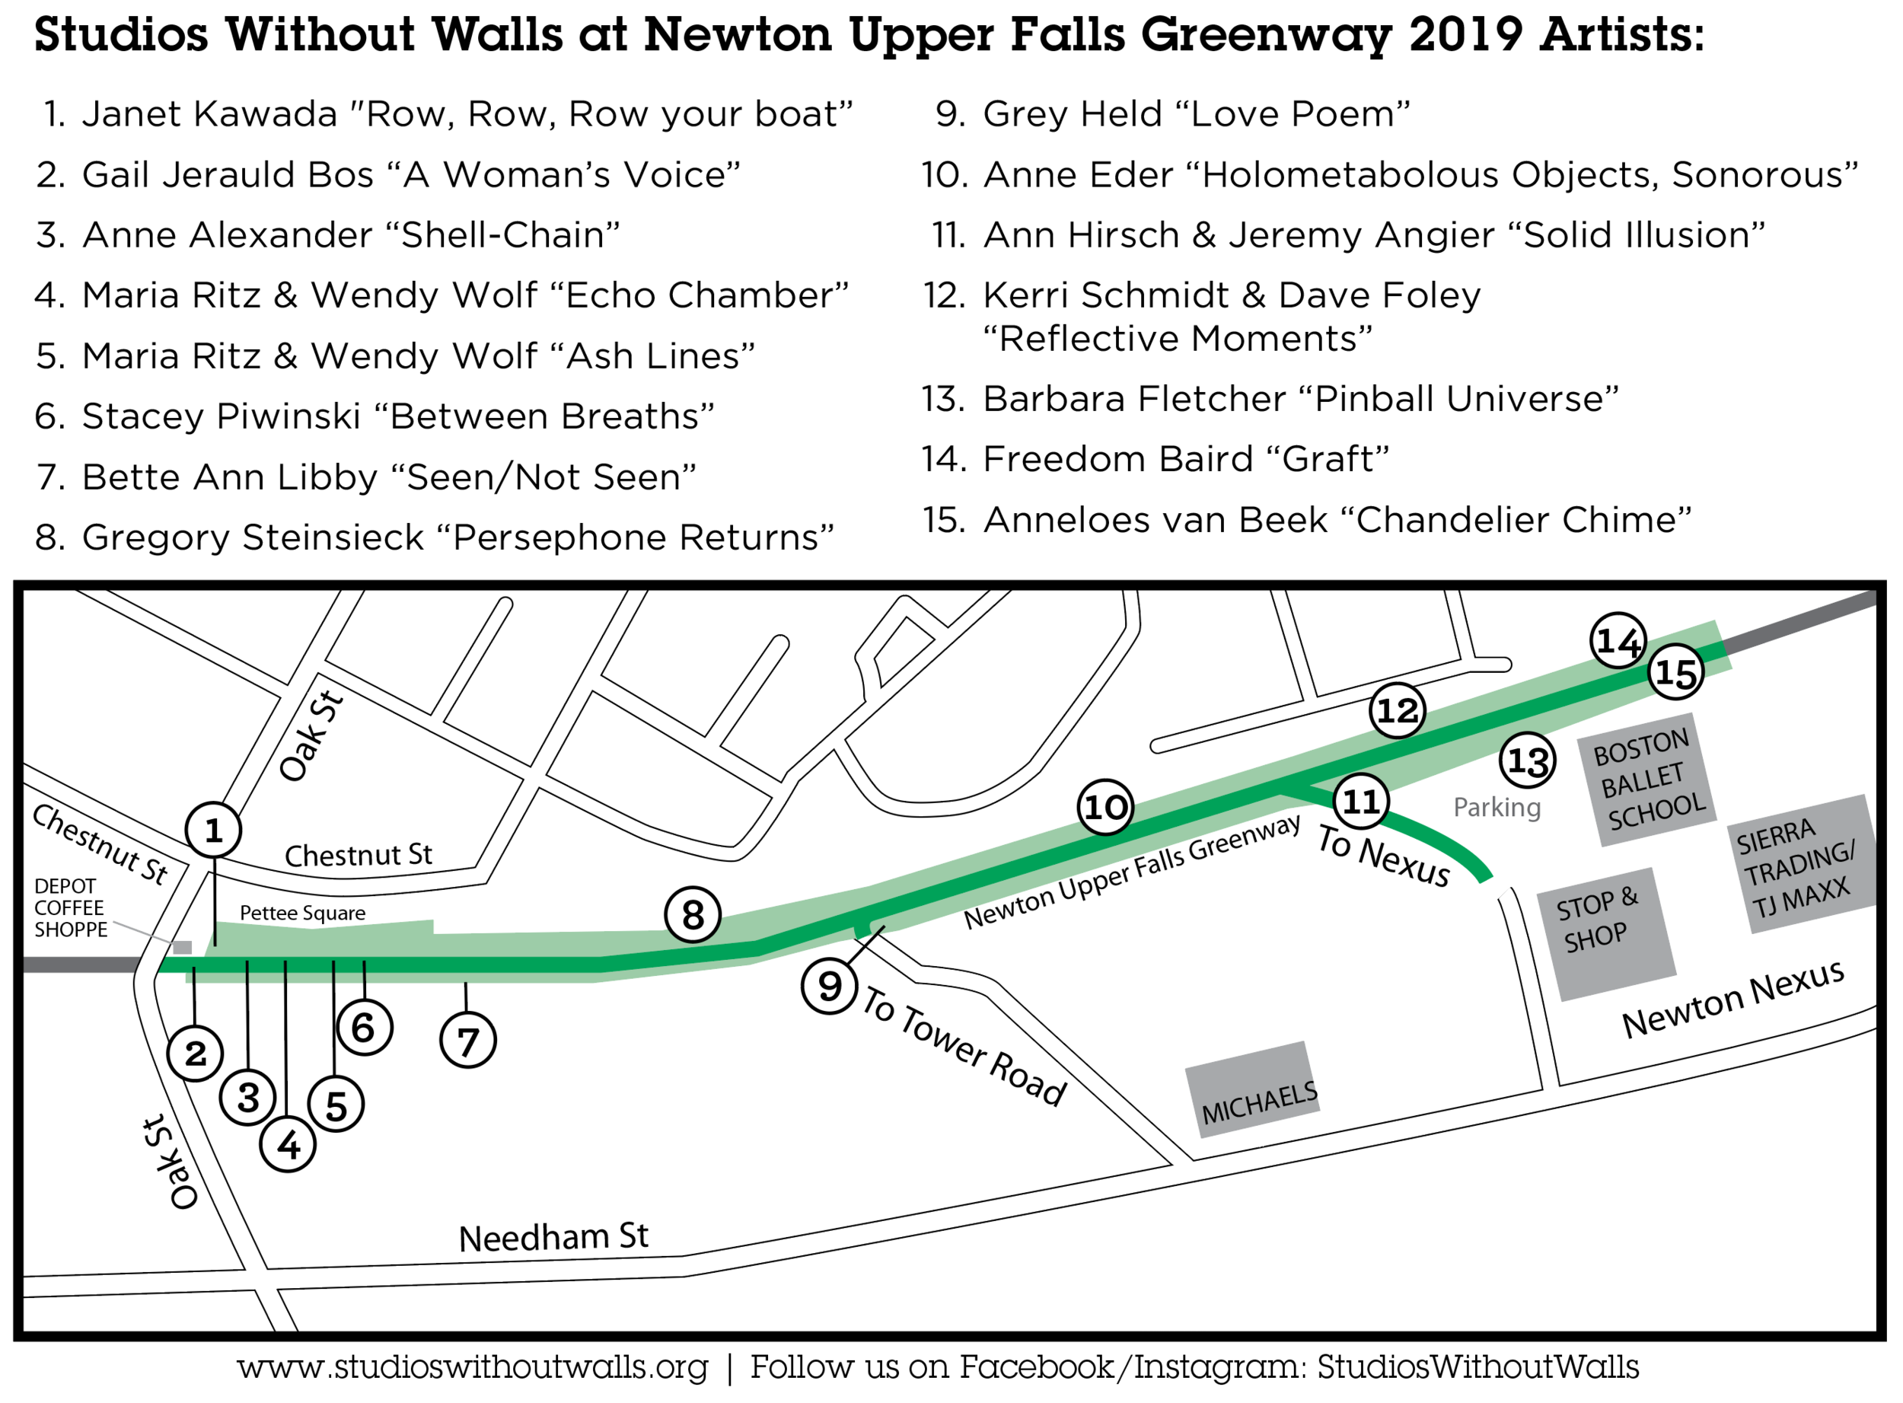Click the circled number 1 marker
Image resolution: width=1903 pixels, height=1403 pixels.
[213, 830]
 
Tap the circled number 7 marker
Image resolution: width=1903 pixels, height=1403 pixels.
[468, 1041]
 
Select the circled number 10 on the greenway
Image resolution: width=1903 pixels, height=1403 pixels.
[1105, 807]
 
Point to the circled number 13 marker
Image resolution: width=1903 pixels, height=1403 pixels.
[1528, 760]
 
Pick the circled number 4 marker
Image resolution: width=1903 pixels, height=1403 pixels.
[288, 1145]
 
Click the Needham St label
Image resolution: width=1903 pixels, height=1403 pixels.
[553, 1236]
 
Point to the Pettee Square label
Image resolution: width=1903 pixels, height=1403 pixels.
[302, 913]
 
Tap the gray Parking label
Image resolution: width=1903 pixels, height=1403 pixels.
[1497, 807]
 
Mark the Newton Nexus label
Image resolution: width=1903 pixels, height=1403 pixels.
[1732, 1000]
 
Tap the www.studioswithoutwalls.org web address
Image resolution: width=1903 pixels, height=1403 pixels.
[472, 1368]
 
